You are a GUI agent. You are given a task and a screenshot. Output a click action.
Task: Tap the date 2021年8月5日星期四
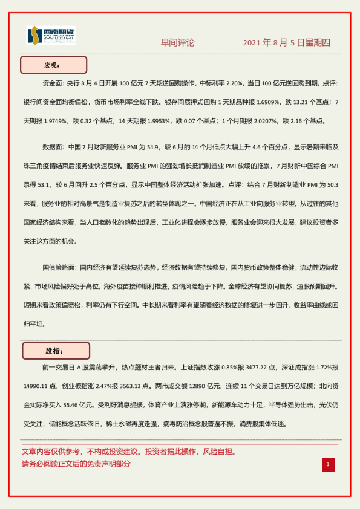coord(286,42)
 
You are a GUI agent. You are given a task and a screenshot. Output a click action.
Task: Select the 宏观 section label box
coord(54,65)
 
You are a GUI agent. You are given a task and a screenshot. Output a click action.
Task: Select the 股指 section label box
coord(56,351)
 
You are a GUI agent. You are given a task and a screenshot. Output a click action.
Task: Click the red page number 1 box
coord(327,464)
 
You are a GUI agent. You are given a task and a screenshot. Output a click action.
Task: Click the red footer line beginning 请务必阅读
coord(76,464)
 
